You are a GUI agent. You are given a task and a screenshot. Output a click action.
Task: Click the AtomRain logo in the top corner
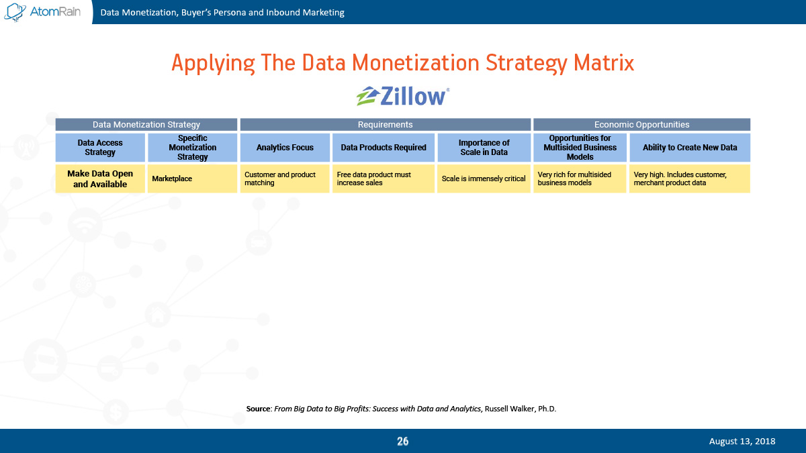42,12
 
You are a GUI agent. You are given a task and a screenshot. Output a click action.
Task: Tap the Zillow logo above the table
403,96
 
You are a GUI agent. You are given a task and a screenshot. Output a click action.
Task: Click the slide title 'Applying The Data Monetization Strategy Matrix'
402,63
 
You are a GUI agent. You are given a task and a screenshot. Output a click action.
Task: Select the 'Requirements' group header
386,124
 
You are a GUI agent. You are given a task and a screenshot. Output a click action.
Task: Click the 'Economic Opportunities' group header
642,124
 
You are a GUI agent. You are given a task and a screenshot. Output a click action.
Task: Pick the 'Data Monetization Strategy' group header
146,124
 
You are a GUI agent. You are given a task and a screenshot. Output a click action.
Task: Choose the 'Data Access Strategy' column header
100,148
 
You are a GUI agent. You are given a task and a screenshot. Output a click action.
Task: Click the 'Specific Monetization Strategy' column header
193,148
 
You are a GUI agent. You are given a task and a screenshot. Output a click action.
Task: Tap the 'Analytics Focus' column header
285,148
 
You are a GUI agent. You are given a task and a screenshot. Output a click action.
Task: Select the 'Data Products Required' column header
384,148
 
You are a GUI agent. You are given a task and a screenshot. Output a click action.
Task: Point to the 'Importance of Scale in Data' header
484,148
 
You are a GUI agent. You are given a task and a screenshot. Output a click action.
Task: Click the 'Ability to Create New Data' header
690,148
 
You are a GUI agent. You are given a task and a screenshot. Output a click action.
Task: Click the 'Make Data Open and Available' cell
100,179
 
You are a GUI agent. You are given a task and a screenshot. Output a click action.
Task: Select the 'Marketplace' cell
193,179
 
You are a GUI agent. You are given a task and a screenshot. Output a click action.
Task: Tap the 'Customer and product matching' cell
285,179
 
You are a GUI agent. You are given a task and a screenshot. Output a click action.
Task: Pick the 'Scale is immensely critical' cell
484,179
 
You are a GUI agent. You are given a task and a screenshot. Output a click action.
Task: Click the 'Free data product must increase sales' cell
384,179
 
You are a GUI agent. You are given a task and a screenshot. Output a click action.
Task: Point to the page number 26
402,441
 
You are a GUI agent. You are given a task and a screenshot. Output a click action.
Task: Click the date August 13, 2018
742,441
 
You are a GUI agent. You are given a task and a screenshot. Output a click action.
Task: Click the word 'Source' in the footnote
259,409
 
